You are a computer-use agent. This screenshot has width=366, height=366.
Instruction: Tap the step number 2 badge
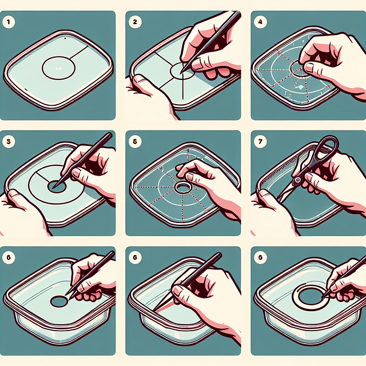(136, 23)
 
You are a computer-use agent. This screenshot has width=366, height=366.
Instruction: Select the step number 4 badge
(261, 23)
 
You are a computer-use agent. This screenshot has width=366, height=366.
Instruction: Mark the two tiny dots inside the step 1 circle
(58, 69)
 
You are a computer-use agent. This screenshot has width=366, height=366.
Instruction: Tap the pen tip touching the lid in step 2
(181, 72)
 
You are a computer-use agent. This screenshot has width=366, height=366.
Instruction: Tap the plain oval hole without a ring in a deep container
(59, 300)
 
